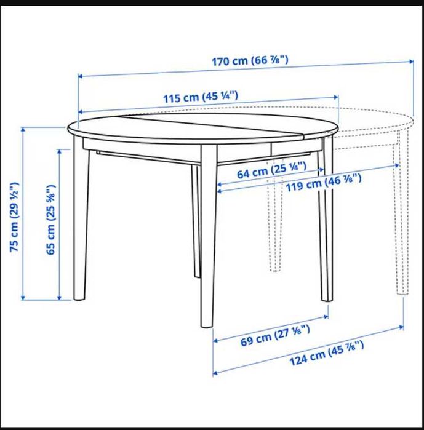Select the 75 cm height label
click(x=15, y=216)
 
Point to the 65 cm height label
click(x=52, y=219)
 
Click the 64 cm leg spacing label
click(x=271, y=170)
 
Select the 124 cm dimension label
click(x=326, y=352)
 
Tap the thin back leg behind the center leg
click(x=196, y=221)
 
